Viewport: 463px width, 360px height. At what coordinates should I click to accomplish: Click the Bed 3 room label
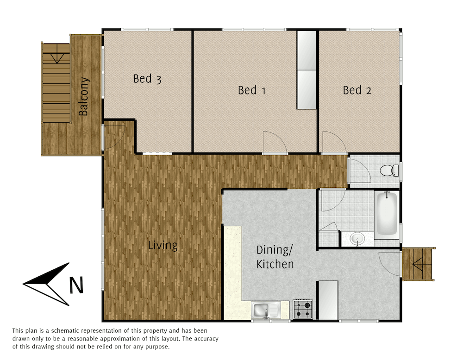[147, 79]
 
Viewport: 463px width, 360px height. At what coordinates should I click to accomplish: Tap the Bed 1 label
[251, 90]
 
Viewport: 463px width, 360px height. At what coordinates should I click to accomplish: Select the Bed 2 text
[357, 90]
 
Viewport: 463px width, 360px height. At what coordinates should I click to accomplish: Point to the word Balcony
[84, 96]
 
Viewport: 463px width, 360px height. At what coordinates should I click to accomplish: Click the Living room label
[163, 245]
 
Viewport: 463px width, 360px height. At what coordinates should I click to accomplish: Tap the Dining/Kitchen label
[275, 257]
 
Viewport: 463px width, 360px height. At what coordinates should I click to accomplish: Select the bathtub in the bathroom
[387, 215]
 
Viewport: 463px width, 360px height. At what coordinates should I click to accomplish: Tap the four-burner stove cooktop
[303, 310]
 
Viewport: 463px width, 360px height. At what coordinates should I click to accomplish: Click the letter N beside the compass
[76, 285]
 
